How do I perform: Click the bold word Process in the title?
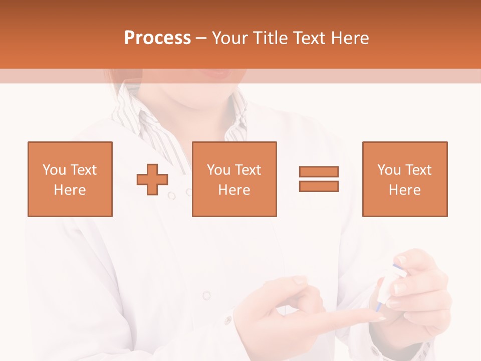coord(157,38)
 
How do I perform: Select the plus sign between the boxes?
coord(152,179)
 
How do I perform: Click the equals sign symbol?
coord(319,179)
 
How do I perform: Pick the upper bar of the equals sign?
coord(319,171)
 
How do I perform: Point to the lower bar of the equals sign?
coord(319,187)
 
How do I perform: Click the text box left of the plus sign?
coord(70,179)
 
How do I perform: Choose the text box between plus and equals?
coord(234,179)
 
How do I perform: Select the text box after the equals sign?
coord(404,179)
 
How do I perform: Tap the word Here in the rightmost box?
coord(404,190)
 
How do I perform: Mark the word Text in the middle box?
coord(248,170)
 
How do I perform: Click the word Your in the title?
coord(230,38)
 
